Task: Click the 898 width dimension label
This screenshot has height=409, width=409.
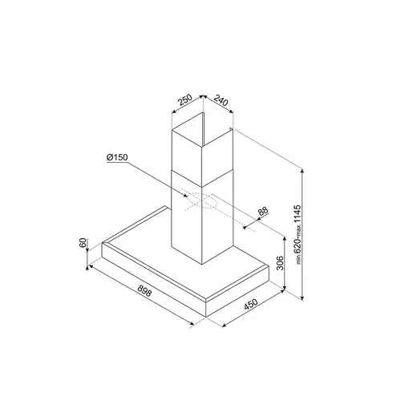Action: point(144,291)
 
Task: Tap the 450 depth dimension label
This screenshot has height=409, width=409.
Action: point(251,305)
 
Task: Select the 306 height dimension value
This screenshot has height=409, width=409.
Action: point(280,263)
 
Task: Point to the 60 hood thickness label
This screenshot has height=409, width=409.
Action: point(83,243)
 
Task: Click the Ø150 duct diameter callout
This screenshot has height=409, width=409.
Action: point(117,157)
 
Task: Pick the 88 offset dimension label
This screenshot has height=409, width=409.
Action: point(263,212)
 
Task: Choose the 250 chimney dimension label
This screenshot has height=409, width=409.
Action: point(185,99)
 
